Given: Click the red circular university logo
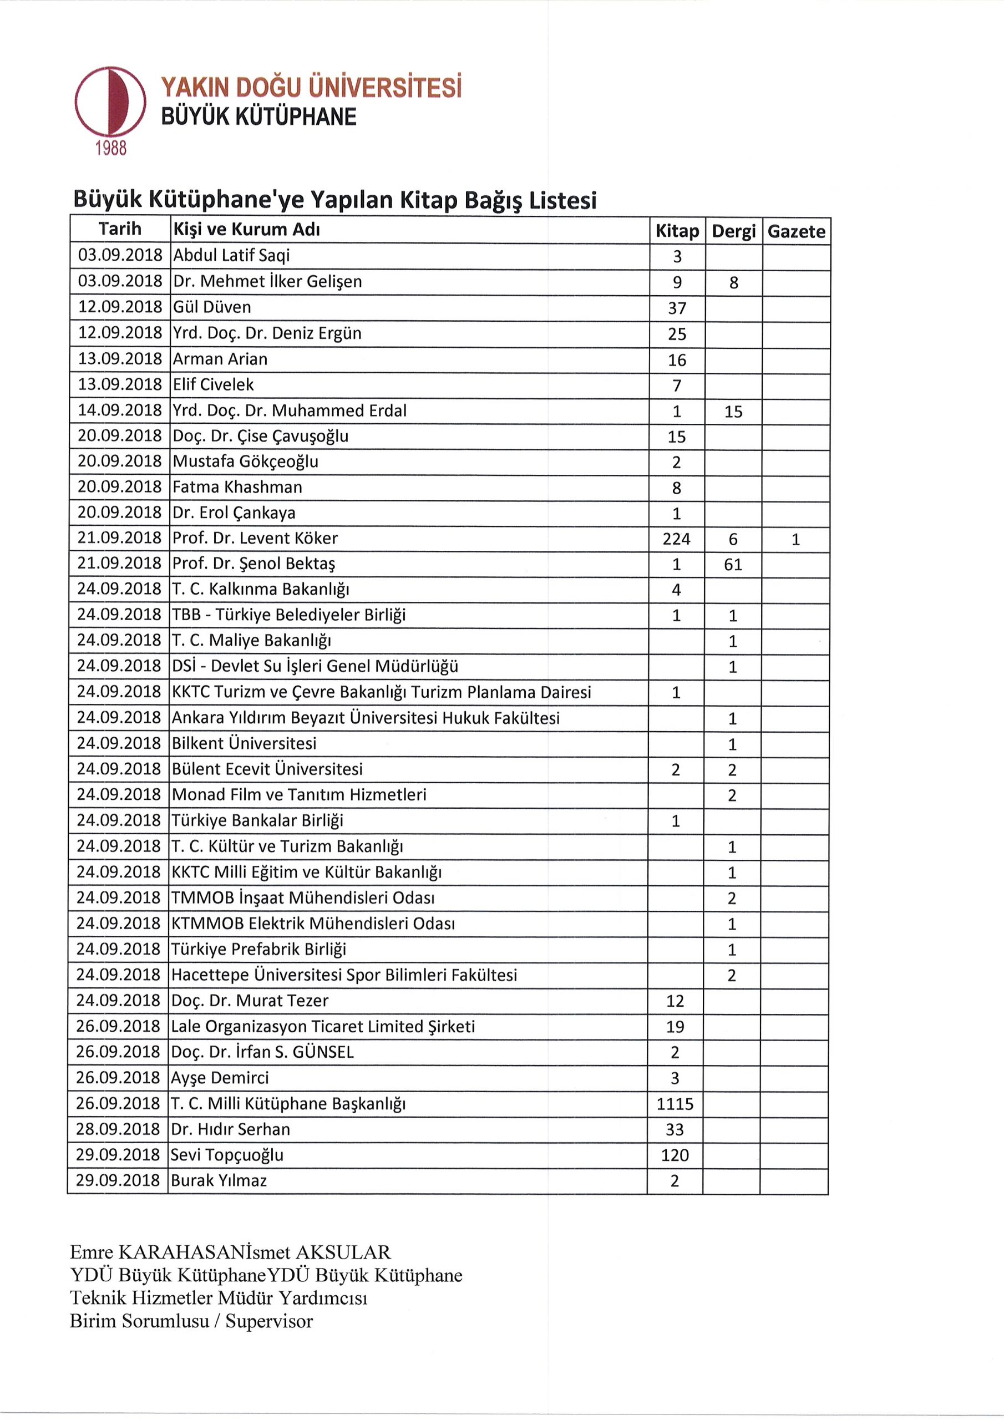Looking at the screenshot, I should point(110,102).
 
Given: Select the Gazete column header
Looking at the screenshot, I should point(796,231).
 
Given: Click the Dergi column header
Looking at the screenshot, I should point(734,231).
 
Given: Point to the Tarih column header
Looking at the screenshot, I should point(120,230).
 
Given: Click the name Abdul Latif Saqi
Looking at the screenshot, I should point(231,255).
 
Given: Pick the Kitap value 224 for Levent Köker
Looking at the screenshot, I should point(676,539).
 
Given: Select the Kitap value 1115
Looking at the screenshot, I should point(675,1104).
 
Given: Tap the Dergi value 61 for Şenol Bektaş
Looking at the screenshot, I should point(733,564).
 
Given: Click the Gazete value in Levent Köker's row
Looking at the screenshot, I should point(795,539).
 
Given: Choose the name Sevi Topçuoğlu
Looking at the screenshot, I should point(227,1155).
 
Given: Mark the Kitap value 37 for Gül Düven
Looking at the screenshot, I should point(677,308).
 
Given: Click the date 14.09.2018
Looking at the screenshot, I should point(120,410).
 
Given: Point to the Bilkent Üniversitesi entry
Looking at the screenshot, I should point(245,743).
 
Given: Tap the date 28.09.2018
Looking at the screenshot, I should point(119,1129).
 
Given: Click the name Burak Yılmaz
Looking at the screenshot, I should point(219,1181).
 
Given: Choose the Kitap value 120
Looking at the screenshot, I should point(675,1155).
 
